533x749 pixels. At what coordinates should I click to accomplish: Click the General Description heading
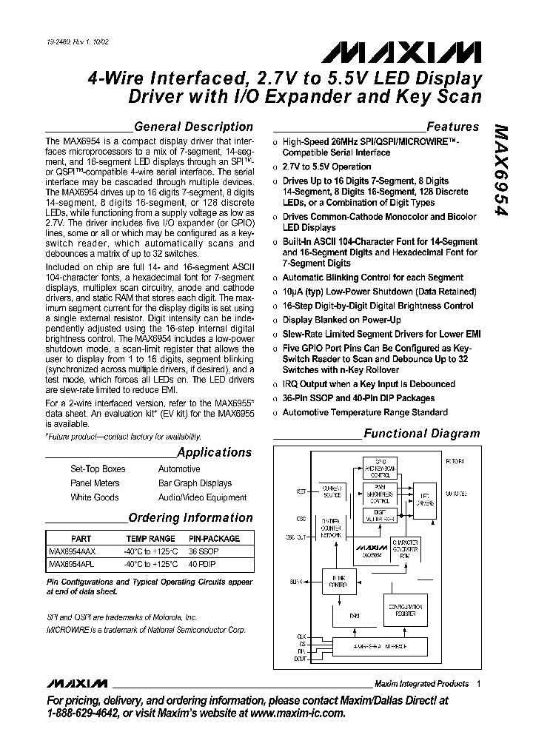pos(193,127)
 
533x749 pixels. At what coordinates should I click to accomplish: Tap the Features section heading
pos(452,127)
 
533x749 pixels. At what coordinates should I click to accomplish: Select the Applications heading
pos(214,452)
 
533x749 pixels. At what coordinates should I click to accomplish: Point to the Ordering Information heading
pos(190,517)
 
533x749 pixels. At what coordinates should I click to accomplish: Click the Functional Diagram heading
pos(422,434)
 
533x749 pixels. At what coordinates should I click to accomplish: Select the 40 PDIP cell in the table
pos(203,564)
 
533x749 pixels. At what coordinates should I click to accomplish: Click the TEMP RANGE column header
pos(151,539)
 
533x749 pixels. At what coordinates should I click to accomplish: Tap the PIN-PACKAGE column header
pos(214,539)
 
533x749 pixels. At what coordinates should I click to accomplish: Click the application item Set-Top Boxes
pos(98,469)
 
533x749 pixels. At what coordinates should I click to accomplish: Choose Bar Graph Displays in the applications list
pos(195,483)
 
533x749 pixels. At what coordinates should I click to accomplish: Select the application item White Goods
pos(94,497)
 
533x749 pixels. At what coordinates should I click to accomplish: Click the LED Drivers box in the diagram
pos(425,498)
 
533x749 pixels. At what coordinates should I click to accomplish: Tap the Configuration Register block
pos(404,609)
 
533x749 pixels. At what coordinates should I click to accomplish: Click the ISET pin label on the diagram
pos(281,491)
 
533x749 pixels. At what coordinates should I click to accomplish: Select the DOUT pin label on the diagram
pos(280,657)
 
